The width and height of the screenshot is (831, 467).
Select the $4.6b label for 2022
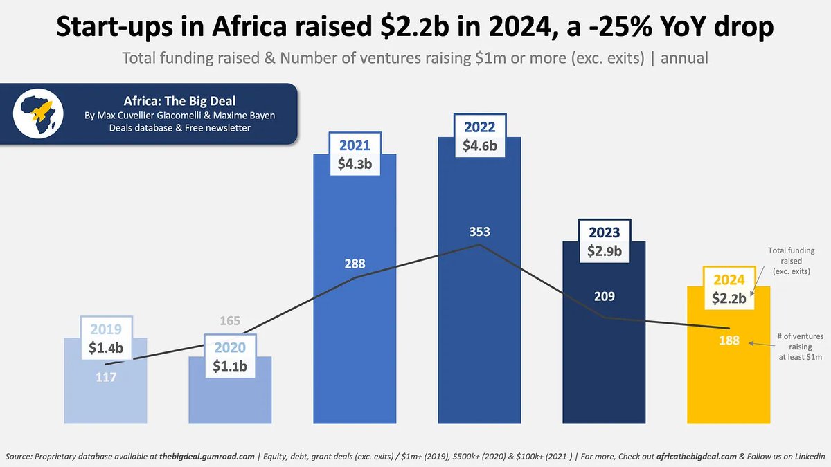[479, 146]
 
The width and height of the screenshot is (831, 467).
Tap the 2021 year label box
[354, 146]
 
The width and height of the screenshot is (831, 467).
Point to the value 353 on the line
[479, 232]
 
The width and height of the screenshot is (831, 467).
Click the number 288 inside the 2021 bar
[354, 263]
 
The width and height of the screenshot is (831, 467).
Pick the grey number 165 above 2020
[229, 321]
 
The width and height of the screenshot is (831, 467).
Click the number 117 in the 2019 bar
[105, 378]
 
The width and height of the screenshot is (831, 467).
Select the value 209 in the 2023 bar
[604, 296]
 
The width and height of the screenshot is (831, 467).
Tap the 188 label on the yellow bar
[729, 340]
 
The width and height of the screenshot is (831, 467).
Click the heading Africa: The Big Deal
[179, 101]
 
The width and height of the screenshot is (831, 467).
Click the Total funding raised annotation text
[792, 261]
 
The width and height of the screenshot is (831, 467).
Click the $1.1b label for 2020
[229, 367]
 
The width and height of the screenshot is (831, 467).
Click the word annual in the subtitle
[684, 57]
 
